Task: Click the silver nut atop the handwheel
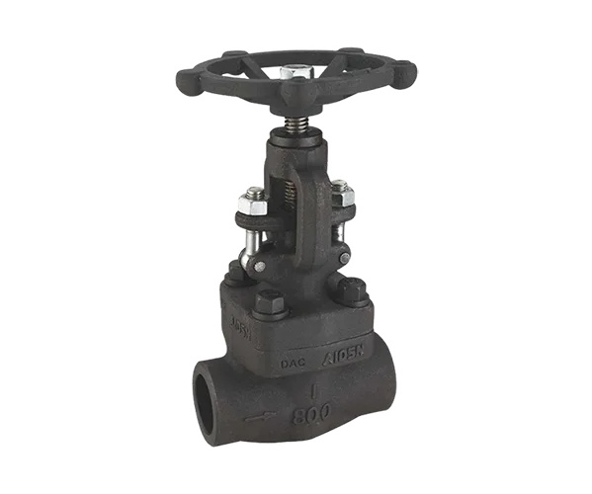coord(293,72)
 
